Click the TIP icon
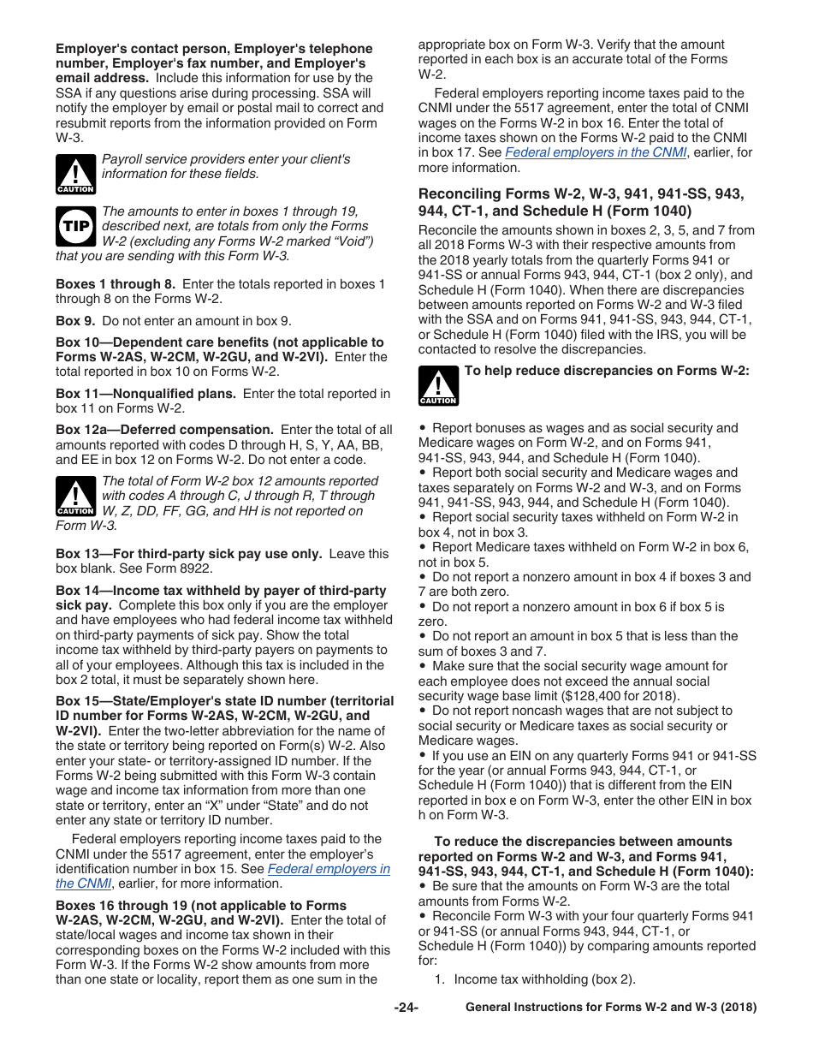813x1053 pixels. point(75,226)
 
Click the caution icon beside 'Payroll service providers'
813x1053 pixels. point(75,174)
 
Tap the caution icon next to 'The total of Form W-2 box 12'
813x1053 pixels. point(75,497)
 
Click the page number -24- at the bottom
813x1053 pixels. point(406,1008)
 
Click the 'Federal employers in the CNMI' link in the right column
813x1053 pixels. point(596,152)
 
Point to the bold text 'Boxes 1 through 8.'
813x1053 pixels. point(116,284)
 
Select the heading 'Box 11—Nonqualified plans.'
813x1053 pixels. point(145,394)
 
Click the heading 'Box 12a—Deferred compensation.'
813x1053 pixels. point(164,430)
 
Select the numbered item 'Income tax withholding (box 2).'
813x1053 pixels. point(544,979)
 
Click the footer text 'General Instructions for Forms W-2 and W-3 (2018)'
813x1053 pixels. point(611,1008)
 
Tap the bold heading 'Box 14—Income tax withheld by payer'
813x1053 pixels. point(221,591)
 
